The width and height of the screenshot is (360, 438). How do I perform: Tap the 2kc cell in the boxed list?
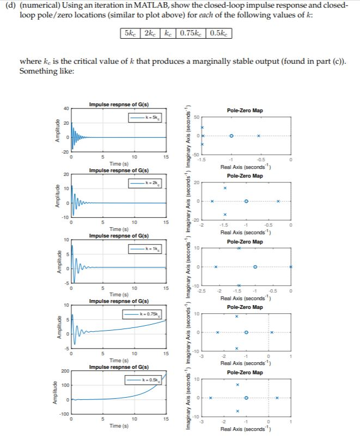coord(149,34)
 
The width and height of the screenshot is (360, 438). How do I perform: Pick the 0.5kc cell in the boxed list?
coord(218,34)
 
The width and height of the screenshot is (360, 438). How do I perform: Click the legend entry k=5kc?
coord(145,118)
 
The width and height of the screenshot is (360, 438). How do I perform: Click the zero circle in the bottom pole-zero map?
coord(246,398)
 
